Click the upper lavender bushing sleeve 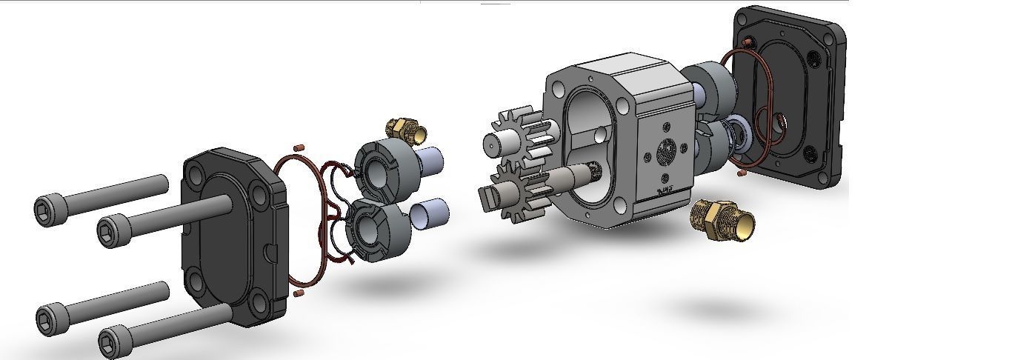429,161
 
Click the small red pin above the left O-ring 299,147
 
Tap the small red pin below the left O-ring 299,293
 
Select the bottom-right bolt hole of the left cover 259,300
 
